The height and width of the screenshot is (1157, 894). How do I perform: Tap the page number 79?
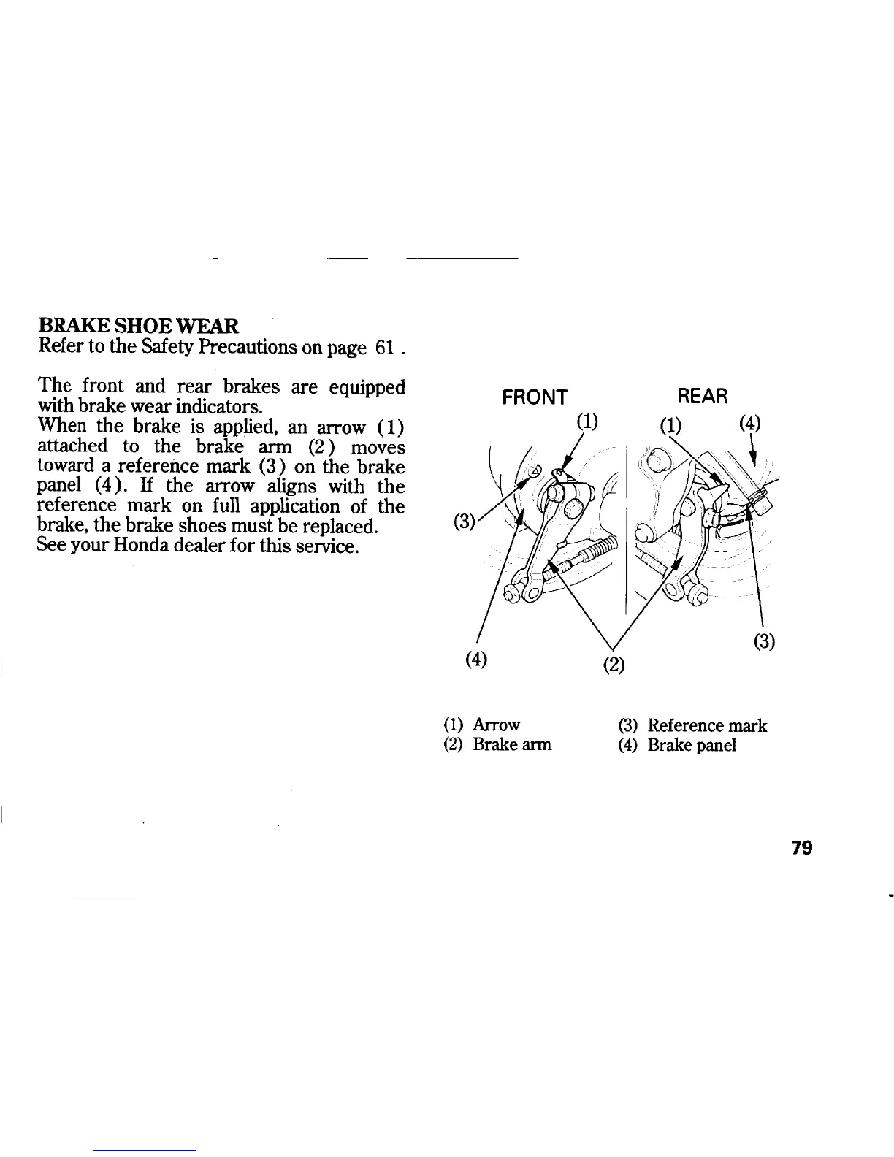point(801,848)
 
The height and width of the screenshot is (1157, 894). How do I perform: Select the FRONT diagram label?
point(535,397)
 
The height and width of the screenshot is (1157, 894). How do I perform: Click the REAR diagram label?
point(703,397)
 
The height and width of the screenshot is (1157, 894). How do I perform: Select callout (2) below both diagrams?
point(611,665)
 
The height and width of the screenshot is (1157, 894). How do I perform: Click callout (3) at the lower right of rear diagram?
point(763,642)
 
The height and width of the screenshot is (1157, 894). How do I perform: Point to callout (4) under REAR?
point(750,424)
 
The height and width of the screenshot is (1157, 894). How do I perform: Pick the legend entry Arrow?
point(496,725)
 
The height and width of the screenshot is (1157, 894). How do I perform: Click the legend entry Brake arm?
point(512,745)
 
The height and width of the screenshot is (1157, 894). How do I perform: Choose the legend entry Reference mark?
point(707,725)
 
